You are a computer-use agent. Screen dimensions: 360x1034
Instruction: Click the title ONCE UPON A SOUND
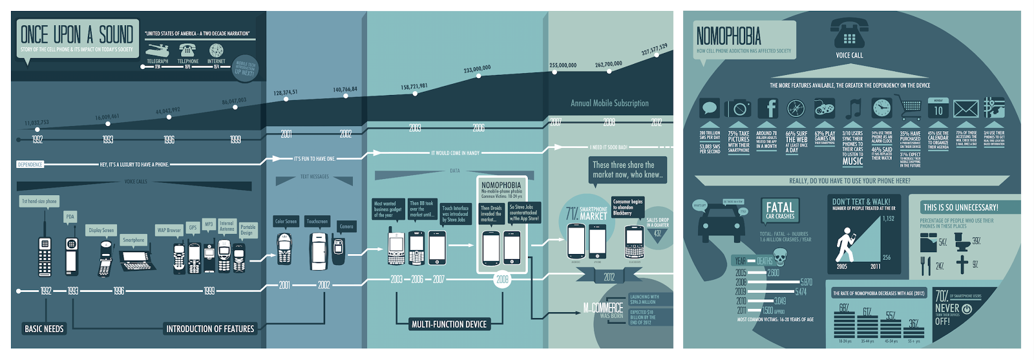click(76, 34)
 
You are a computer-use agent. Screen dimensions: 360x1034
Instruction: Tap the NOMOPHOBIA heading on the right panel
click(728, 36)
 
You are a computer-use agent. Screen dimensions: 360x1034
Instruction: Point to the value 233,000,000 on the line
click(477, 69)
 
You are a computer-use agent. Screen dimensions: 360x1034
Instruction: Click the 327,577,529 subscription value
click(654, 50)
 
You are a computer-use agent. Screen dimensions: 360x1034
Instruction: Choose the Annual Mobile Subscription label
click(609, 103)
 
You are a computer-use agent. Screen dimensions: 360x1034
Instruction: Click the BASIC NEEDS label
click(44, 329)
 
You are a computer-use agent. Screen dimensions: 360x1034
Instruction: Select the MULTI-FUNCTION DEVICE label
click(448, 324)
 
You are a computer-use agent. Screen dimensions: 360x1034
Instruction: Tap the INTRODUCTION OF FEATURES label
click(210, 329)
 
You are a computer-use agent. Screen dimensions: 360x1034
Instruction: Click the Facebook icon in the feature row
click(767, 108)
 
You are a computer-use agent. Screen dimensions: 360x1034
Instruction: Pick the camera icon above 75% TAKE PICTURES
click(738, 108)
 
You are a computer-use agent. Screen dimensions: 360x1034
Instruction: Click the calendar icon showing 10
click(938, 108)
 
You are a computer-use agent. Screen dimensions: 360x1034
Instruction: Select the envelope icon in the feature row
click(966, 108)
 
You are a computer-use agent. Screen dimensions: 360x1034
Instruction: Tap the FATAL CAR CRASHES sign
click(779, 211)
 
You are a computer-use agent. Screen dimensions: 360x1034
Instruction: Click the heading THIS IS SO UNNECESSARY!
click(960, 207)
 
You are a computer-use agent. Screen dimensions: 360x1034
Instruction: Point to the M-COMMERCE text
click(603, 308)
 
